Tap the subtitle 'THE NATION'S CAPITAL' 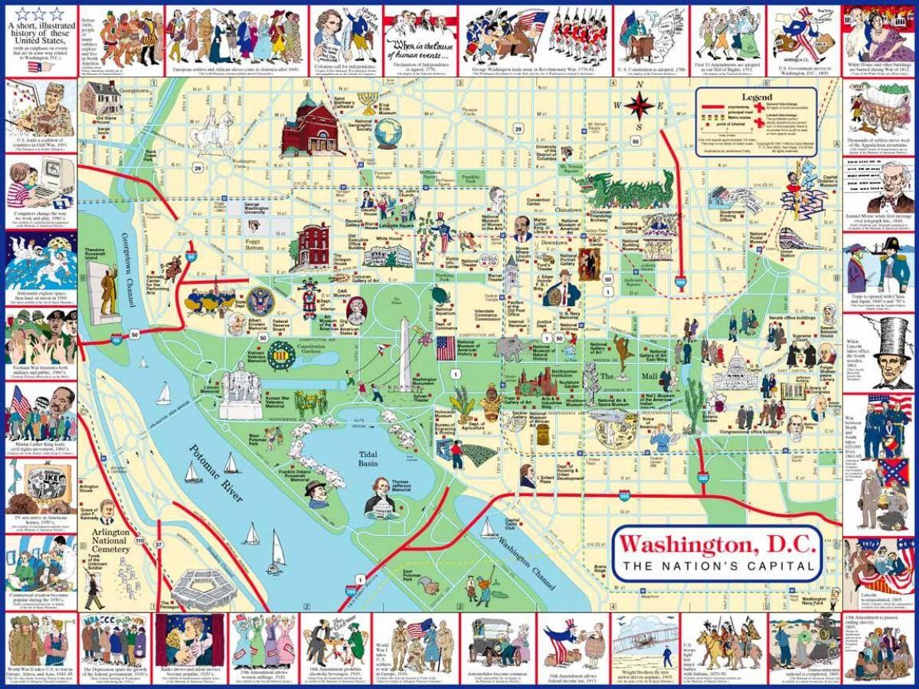pos(717,567)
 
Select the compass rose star pos(638,106)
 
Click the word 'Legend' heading pos(757,97)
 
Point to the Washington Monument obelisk pos(404,352)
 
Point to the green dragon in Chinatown pos(624,188)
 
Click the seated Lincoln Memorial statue pos(240,387)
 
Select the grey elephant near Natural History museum pos(509,349)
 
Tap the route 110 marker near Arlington pos(139,540)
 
